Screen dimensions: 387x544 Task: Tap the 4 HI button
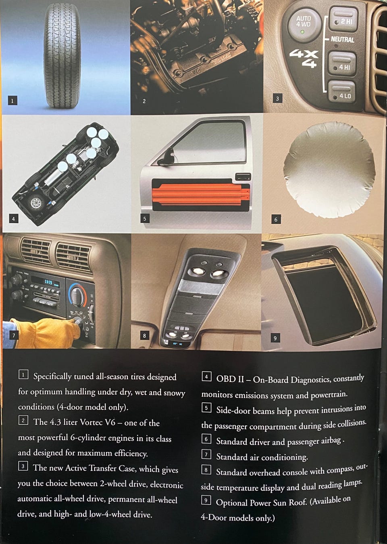coord(342,63)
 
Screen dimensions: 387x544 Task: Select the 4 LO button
coord(342,92)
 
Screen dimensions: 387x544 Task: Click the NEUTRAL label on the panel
coord(342,39)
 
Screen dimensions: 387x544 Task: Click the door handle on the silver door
coord(243,176)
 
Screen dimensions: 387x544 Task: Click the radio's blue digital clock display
coord(45,282)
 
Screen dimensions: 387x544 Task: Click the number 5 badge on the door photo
coord(144,218)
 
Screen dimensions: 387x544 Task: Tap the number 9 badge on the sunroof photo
coord(275,338)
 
